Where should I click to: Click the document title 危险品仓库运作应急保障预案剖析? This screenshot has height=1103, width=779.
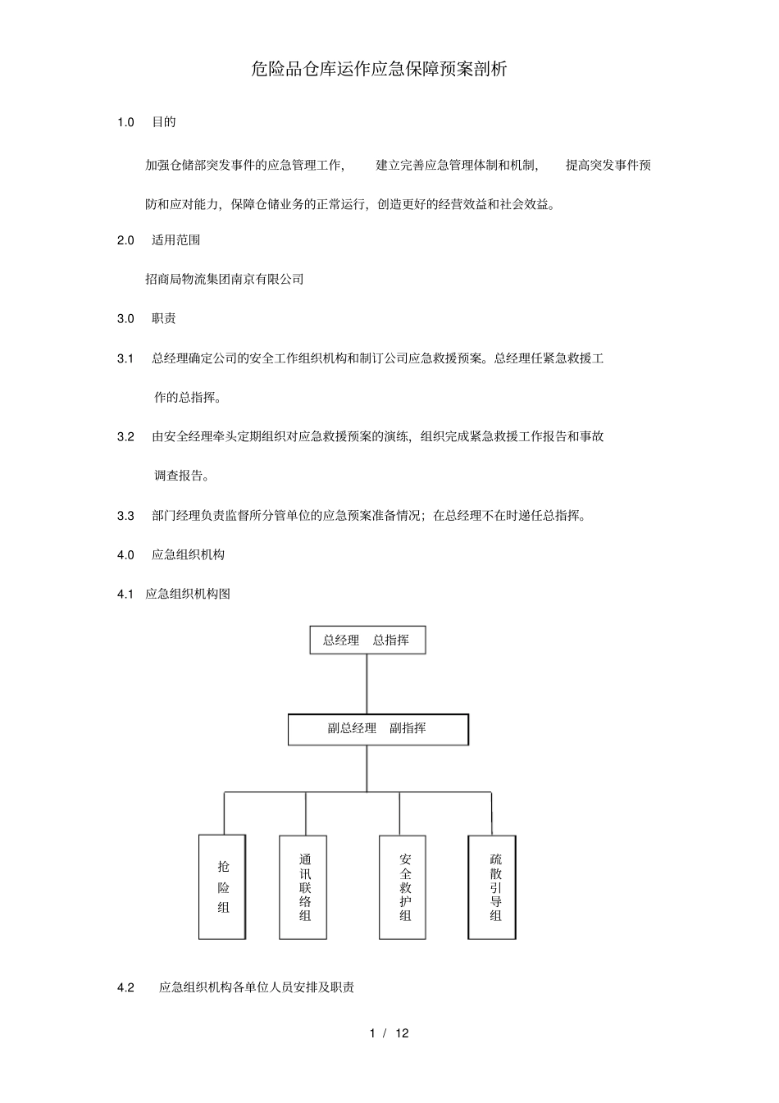click(x=379, y=70)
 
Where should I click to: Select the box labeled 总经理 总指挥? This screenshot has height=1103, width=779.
click(x=367, y=640)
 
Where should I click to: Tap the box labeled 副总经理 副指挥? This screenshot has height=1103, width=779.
click(x=378, y=729)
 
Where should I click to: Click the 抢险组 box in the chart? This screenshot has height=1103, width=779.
click(x=222, y=887)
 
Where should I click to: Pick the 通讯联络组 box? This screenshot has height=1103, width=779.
click(x=303, y=887)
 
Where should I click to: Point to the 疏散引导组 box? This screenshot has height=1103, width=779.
click(x=492, y=887)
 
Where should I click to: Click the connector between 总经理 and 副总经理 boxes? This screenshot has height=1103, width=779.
click(x=367, y=684)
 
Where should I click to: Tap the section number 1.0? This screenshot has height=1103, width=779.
click(x=125, y=122)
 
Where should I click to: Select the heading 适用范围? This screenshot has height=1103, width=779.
click(x=176, y=240)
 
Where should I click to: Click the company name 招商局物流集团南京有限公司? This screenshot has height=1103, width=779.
click(x=225, y=280)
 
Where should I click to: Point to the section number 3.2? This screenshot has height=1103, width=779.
click(x=125, y=437)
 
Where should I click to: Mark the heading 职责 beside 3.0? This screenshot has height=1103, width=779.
click(x=164, y=319)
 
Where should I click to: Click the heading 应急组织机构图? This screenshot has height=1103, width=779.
click(x=188, y=594)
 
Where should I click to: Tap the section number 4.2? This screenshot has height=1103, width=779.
click(x=125, y=987)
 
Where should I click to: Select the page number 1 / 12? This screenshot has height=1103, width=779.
click(x=389, y=1033)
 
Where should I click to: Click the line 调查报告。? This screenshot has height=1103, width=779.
click(x=182, y=476)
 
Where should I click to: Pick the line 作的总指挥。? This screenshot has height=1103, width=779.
click(x=188, y=398)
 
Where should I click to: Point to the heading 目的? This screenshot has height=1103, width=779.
click(x=164, y=122)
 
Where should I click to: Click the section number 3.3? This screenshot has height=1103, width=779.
click(x=125, y=516)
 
